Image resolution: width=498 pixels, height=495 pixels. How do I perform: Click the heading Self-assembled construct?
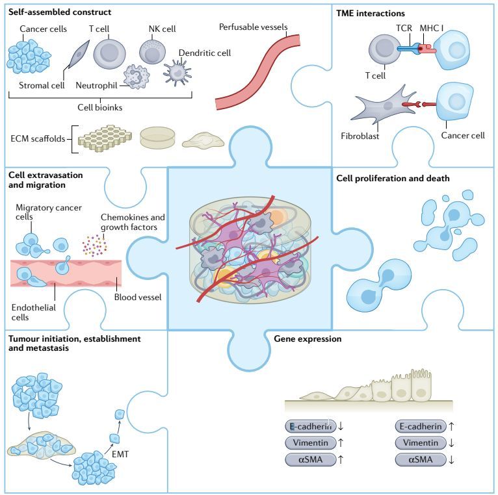click(59, 12)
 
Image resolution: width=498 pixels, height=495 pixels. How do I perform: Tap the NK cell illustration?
click(153, 52)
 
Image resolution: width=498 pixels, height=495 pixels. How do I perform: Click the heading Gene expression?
click(308, 339)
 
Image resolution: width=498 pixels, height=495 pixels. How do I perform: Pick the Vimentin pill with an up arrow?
click(309, 442)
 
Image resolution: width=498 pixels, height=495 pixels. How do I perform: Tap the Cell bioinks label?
click(100, 107)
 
